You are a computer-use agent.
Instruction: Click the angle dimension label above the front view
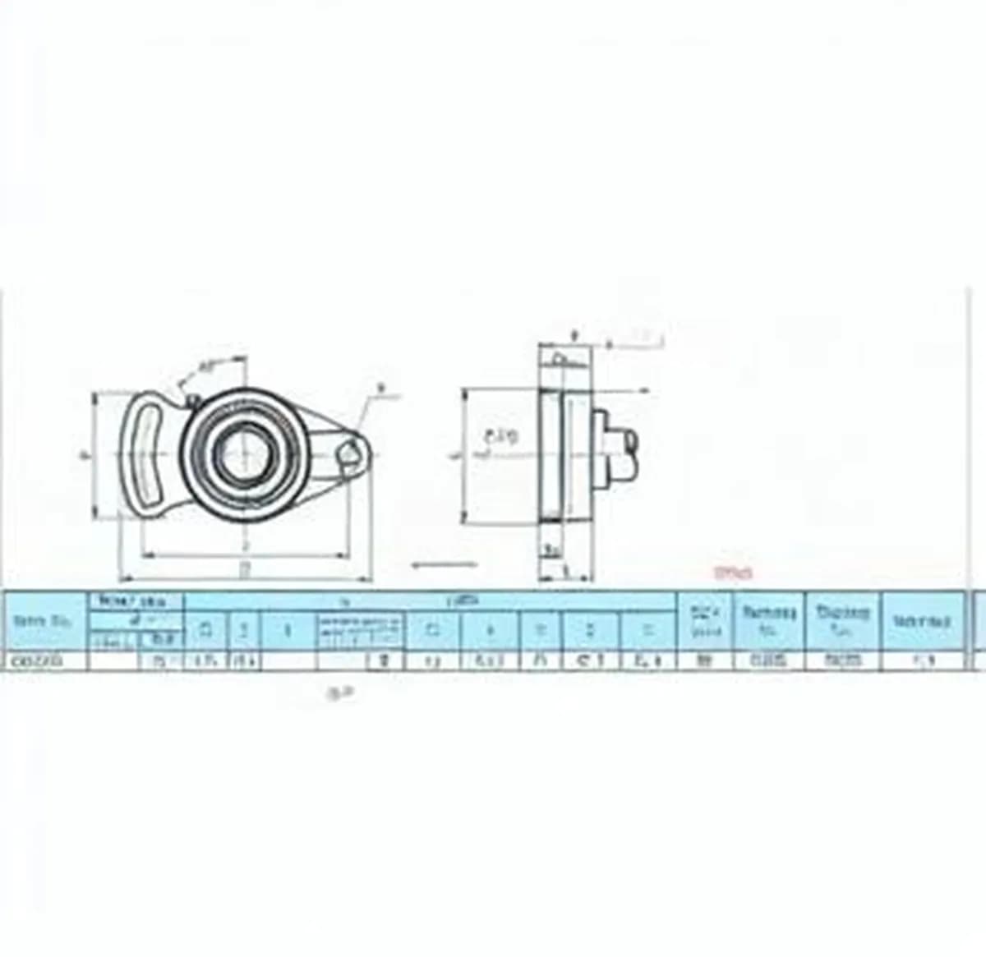pos(206,366)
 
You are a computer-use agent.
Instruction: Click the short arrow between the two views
pos(444,564)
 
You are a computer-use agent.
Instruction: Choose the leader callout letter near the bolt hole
pos(380,387)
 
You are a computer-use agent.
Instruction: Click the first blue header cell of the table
pos(46,621)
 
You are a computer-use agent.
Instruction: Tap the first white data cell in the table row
pos(46,660)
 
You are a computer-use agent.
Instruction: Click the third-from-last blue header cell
pos(769,621)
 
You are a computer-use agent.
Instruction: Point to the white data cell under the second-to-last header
pos(843,660)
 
